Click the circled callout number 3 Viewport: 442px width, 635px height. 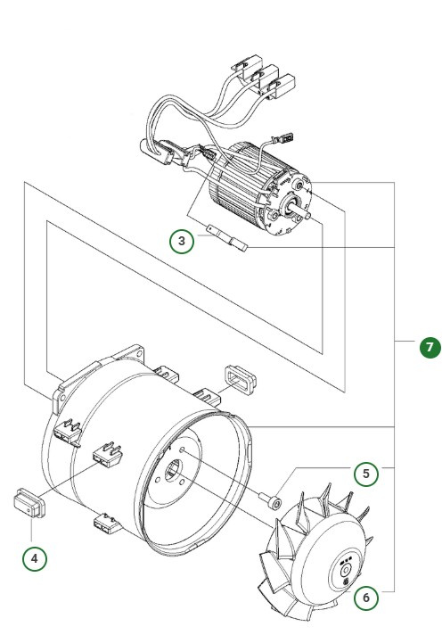pyautogui.click(x=182, y=241)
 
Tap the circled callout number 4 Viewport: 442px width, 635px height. pyautogui.click(x=34, y=558)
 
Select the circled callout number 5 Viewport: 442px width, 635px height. pyautogui.click(x=365, y=474)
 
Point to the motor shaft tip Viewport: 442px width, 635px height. pyautogui.click(x=306, y=215)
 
